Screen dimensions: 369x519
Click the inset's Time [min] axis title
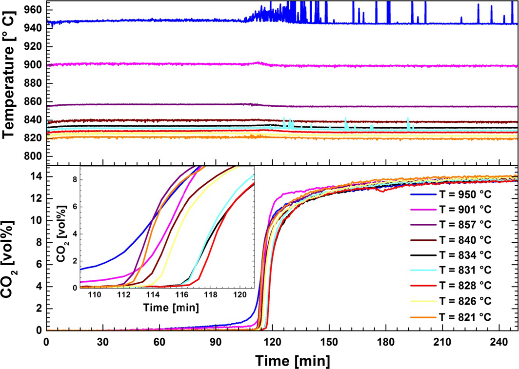167,308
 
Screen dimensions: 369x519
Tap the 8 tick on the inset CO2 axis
75,179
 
